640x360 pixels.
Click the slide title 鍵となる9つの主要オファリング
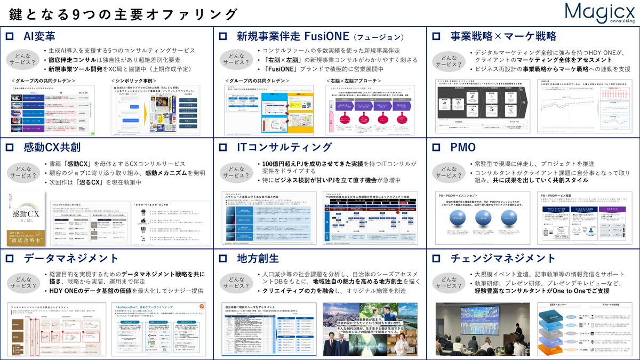(123, 14)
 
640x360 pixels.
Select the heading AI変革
(39, 36)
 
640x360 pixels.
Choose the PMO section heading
(462, 147)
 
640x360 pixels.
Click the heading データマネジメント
(67, 259)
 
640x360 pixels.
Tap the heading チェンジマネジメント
(495, 259)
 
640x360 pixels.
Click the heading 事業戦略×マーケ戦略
(503, 36)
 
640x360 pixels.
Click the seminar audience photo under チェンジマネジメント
(475, 330)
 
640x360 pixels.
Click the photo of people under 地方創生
(371, 330)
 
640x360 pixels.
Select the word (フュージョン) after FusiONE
(379, 37)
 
